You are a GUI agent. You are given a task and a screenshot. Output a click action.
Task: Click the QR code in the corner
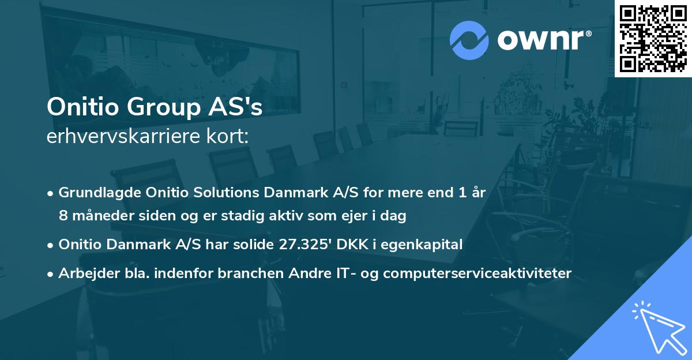click(x=653, y=39)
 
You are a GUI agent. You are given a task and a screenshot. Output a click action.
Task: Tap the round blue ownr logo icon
click(x=469, y=40)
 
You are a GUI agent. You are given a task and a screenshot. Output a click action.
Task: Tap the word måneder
click(x=97, y=216)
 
